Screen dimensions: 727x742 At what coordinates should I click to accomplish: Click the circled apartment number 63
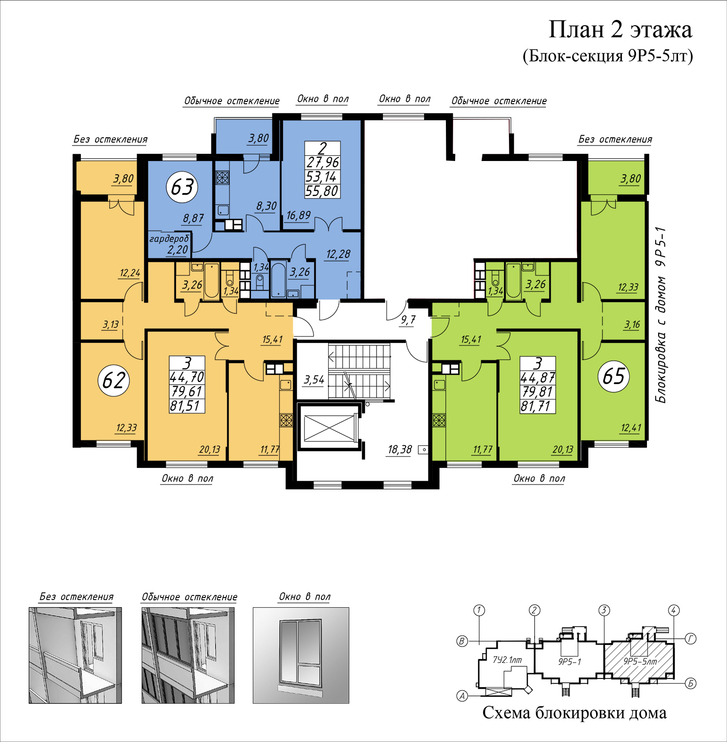pyautogui.click(x=182, y=187)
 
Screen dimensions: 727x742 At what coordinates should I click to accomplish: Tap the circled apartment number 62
pyautogui.click(x=114, y=380)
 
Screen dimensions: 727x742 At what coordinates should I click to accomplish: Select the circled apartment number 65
pyautogui.click(x=614, y=376)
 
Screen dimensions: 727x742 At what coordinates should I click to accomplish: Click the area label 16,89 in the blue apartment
pyautogui.click(x=298, y=215)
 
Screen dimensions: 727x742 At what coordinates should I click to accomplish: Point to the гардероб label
pyautogui.click(x=169, y=239)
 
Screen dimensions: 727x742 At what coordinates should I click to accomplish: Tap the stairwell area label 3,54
pyautogui.click(x=314, y=380)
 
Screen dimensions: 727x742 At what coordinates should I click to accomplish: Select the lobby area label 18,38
pyautogui.click(x=399, y=450)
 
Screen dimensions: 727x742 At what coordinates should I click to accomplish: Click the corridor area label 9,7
pyautogui.click(x=408, y=320)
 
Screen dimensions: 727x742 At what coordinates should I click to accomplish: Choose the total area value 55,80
pyautogui.click(x=322, y=191)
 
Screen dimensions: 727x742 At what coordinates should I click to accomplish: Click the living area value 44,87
pyautogui.click(x=537, y=378)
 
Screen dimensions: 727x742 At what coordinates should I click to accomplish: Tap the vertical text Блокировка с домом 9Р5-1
pyautogui.click(x=661, y=315)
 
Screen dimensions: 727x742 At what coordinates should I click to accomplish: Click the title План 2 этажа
pyautogui.click(x=620, y=30)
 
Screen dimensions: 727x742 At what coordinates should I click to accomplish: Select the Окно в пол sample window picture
pyautogui.click(x=301, y=655)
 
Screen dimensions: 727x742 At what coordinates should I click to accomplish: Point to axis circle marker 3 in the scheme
pyautogui.click(x=604, y=610)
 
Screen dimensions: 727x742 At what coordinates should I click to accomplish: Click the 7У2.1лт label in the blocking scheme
pyautogui.click(x=507, y=660)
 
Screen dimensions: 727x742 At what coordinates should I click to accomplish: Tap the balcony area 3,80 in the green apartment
pyautogui.click(x=631, y=178)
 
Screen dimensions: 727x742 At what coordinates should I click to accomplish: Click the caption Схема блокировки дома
pyautogui.click(x=574, y=713)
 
